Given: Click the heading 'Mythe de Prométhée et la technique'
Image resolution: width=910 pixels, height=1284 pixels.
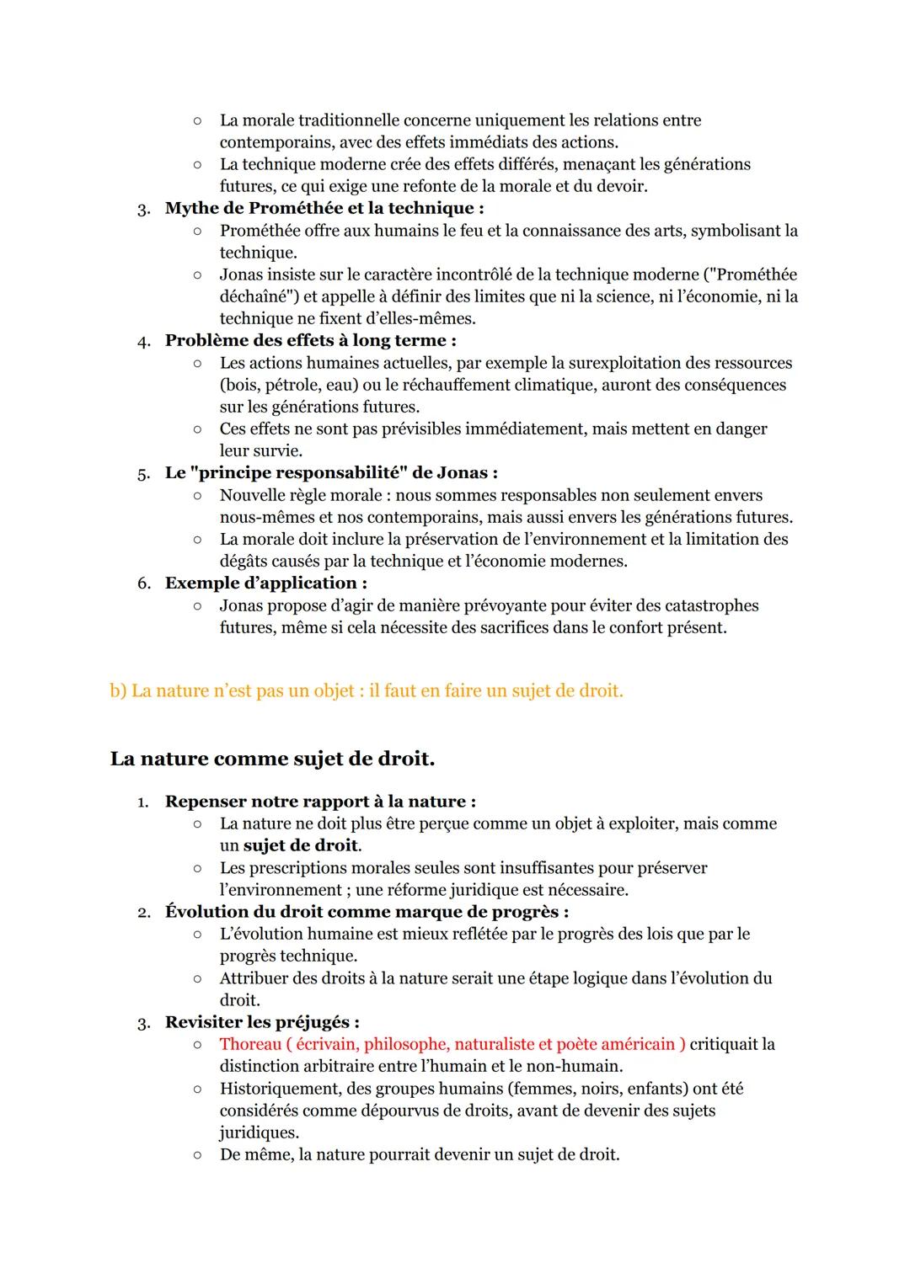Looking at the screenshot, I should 324,208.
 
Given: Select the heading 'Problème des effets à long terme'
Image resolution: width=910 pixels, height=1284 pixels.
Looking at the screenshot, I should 310,340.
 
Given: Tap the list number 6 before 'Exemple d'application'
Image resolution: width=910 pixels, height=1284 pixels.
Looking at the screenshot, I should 143,583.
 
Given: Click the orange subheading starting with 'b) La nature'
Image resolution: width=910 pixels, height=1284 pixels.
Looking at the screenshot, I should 367,690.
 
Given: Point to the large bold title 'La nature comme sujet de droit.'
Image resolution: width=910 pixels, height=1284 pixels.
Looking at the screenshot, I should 272,759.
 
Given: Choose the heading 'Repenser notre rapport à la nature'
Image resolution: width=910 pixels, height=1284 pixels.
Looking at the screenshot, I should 319,802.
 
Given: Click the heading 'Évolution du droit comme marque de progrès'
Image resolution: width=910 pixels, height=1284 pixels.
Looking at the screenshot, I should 366,912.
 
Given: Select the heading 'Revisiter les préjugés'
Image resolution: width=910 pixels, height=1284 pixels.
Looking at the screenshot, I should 261,1022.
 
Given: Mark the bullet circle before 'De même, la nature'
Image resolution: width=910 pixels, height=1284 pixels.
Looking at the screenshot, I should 196,1155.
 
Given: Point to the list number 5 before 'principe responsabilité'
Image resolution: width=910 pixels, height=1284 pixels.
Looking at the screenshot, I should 143,473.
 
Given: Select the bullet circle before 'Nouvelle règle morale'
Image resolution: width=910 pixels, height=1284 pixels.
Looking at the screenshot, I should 196,496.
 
